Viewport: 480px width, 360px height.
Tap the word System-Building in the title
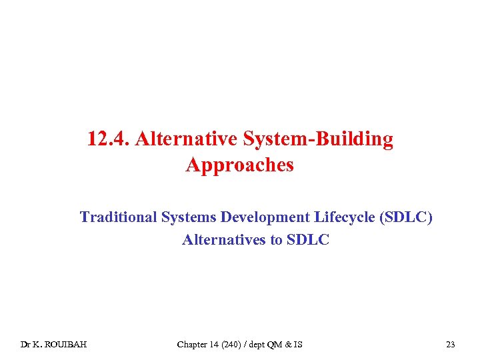click(x=319, y=139)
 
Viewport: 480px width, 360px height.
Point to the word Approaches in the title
click(x=240, y=165)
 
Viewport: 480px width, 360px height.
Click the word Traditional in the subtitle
click(x=114, y=217)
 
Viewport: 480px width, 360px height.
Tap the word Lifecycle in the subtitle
click(x=340, y=217)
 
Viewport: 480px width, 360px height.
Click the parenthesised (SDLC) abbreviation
click(x=405, y=217)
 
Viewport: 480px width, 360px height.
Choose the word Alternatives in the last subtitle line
click(x=225, y=239)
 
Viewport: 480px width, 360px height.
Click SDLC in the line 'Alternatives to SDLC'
click(x=308, y=239)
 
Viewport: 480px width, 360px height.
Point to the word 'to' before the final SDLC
click(x=277, y=239)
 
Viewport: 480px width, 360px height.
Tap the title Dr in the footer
click(x=25, y=345)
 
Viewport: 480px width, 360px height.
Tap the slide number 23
click(x=451, y=345)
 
